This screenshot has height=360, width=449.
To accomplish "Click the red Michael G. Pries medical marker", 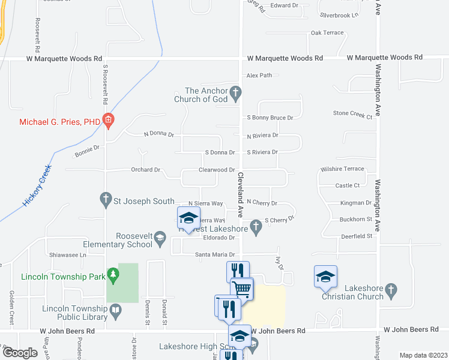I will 108,122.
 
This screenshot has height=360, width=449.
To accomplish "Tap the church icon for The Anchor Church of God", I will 236,93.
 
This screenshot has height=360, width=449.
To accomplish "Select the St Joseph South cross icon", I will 106,198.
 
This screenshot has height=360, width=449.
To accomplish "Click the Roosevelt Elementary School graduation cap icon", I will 160,239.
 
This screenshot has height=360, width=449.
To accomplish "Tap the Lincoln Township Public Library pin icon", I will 116,310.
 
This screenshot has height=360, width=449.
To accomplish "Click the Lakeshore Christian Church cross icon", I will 391,291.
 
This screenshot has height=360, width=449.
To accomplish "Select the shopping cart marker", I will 242,289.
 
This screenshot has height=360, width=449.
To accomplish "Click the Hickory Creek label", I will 37,187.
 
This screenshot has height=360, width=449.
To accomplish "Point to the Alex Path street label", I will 259,76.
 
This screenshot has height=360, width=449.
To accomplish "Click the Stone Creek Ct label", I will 353,113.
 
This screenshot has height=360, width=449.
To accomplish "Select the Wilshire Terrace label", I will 342,169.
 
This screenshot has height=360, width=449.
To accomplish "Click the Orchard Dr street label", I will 145,170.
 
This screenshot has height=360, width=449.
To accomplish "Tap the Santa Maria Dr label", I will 213,255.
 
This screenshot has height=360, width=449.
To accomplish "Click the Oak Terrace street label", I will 327,32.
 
